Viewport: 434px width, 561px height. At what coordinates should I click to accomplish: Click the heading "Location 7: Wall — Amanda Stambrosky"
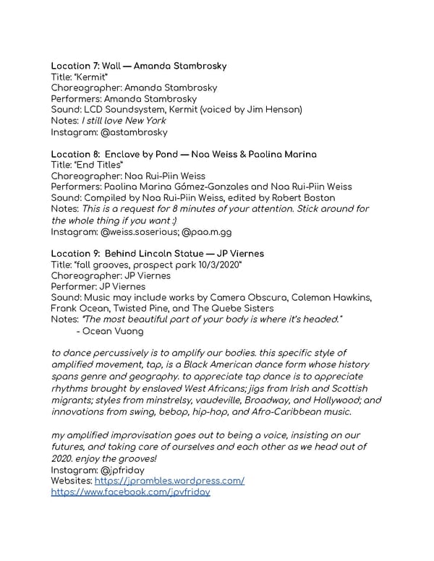(139, 66)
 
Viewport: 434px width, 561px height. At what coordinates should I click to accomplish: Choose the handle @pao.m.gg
(209, 232)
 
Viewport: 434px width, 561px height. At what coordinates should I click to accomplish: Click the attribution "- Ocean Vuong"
(112, 331)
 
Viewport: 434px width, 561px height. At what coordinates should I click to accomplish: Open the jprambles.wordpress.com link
(169, 481)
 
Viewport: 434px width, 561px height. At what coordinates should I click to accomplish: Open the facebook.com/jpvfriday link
(131, 492)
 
